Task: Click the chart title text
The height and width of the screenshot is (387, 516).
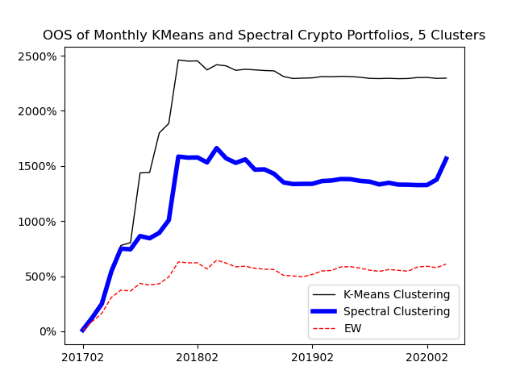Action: pyautogui.click(x=264, y=35)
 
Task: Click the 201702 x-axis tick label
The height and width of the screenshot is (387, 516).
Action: pyautogui.click(x=82, y=357)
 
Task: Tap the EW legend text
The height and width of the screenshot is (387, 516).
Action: pyautogui.click(x=352, y=328)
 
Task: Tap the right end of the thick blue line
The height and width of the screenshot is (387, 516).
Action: pyautogui.click(x=447, y=158)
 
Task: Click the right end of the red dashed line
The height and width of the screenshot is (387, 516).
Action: pyautogui.click(x=447, y=264)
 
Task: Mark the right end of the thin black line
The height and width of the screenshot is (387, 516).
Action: pyautogui.click(x=447, y=78)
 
